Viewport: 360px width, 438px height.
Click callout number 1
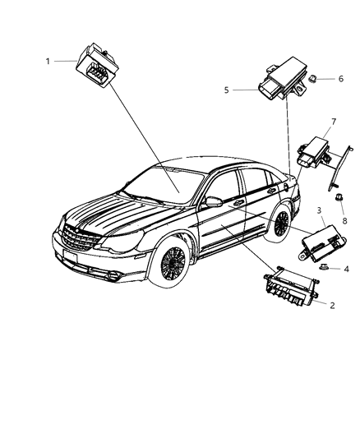(48, 60)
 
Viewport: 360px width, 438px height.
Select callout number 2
(331, 305)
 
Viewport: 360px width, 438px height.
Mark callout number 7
(333, 122)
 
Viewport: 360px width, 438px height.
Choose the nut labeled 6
(316, 78)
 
